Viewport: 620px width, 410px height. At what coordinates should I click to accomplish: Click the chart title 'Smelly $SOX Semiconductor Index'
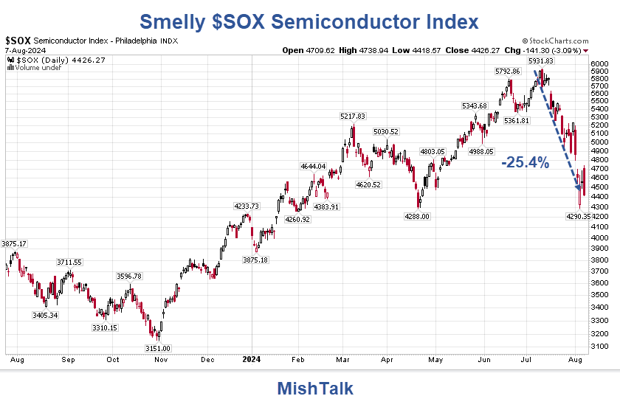309,21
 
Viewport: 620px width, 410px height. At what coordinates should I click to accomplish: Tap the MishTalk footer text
315,389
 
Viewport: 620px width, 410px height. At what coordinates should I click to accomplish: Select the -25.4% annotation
526,163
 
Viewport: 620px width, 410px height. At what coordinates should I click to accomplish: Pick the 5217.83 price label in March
354,117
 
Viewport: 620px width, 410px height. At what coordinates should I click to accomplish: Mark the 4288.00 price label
417,216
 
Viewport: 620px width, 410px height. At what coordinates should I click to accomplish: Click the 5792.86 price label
507,72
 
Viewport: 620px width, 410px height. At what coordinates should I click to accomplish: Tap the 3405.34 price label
45,315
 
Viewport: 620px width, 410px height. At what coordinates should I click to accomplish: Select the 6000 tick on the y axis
599,64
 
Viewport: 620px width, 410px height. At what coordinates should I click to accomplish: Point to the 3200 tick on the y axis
599,333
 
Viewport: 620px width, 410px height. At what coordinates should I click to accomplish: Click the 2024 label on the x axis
252,361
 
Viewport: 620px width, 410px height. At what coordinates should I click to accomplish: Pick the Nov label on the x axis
159,361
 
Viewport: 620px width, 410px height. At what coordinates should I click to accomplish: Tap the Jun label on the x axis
485,361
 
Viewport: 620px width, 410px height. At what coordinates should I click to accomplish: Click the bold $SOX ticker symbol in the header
17,41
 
